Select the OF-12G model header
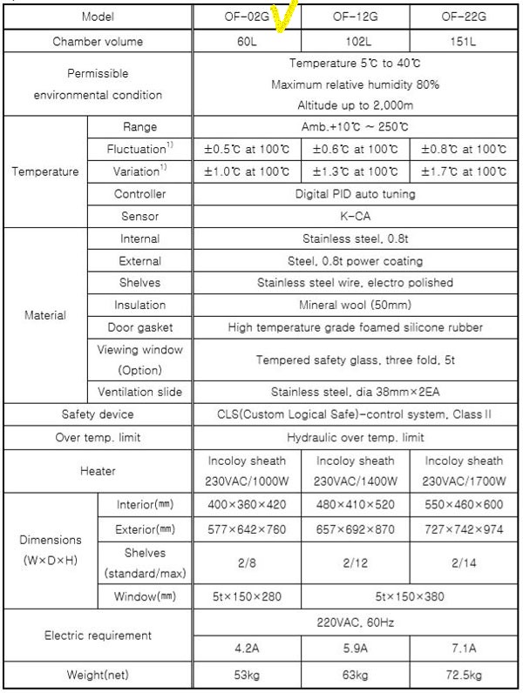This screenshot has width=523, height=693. coord(354,17)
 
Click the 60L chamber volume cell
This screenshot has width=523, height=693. coord(245,41)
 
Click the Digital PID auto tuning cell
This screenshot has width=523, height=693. coord(355,193)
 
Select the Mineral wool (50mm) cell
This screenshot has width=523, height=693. coord(355,306)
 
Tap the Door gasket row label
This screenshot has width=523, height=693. coord(140,328)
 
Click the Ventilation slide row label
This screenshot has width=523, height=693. coord(140,393)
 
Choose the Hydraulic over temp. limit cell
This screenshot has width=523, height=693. coord(355,438)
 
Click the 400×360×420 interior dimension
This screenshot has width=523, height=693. coord(245,505)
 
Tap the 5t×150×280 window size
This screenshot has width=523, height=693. coord(245,596)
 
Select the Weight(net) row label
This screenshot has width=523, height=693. coord(96,675)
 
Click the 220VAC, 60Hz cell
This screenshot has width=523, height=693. coord(355,623)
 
